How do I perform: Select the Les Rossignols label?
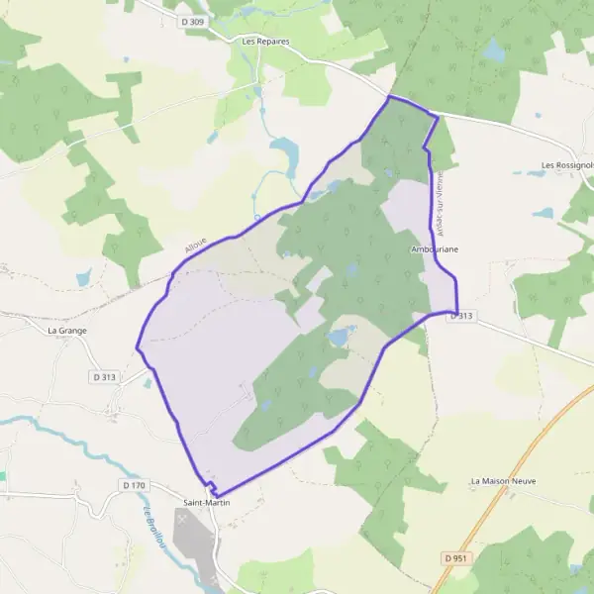(566, 165)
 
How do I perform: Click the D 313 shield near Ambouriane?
(462, 316)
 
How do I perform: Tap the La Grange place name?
(68, 331)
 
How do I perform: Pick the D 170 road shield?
(134, 485)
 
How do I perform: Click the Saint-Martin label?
(209, 504)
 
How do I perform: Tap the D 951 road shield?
(455, 558)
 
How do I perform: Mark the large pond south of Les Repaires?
(285, 153)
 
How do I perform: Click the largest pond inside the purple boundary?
(339, 338)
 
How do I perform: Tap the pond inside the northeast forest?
(492, 49)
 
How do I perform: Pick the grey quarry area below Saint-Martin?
(194, 540)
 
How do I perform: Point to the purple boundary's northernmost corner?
(389, 97)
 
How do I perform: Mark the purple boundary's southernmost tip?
(214, 495)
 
